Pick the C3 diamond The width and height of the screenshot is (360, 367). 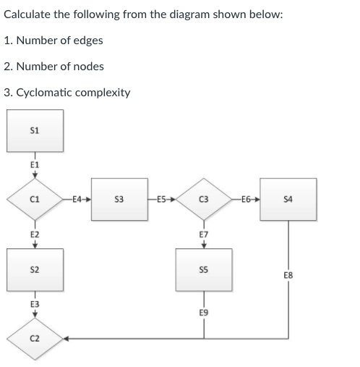point(204,198)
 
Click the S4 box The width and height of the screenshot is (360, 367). point(288,198)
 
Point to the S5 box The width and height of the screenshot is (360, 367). point(204,269)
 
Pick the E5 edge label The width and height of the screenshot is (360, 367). point(161,198)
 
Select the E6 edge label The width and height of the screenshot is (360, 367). point(246,198)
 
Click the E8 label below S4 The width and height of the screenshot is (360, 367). point(288,275)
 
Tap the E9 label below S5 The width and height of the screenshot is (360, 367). point(204,312)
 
